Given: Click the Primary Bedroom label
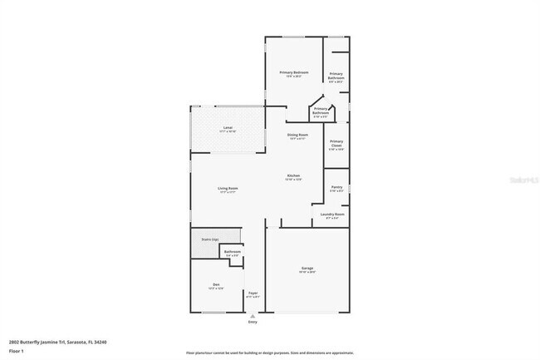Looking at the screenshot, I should coord(293,73).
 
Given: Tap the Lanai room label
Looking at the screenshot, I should coord(227,129).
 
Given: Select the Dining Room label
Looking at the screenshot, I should coord(297,136).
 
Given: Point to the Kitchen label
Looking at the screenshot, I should coord(293,176).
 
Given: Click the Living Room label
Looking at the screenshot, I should coord(228,190).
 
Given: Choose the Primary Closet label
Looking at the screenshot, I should coord(336,144).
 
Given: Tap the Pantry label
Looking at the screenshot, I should coord(336,188).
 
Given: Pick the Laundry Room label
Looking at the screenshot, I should coord(332,215).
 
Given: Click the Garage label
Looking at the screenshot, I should coord(307,269).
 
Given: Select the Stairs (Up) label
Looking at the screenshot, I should coord(209,239).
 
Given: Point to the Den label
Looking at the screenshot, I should coord(215,286).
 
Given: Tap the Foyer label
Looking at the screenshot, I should coord(253,293).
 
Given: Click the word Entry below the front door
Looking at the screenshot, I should coord(253,322).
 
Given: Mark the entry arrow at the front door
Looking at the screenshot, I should coord(253,315).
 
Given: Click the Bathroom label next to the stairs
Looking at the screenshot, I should coord(232,252).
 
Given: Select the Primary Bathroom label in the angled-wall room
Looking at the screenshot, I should coord(320,111).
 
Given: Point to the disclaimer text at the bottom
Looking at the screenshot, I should coord(269,353).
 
